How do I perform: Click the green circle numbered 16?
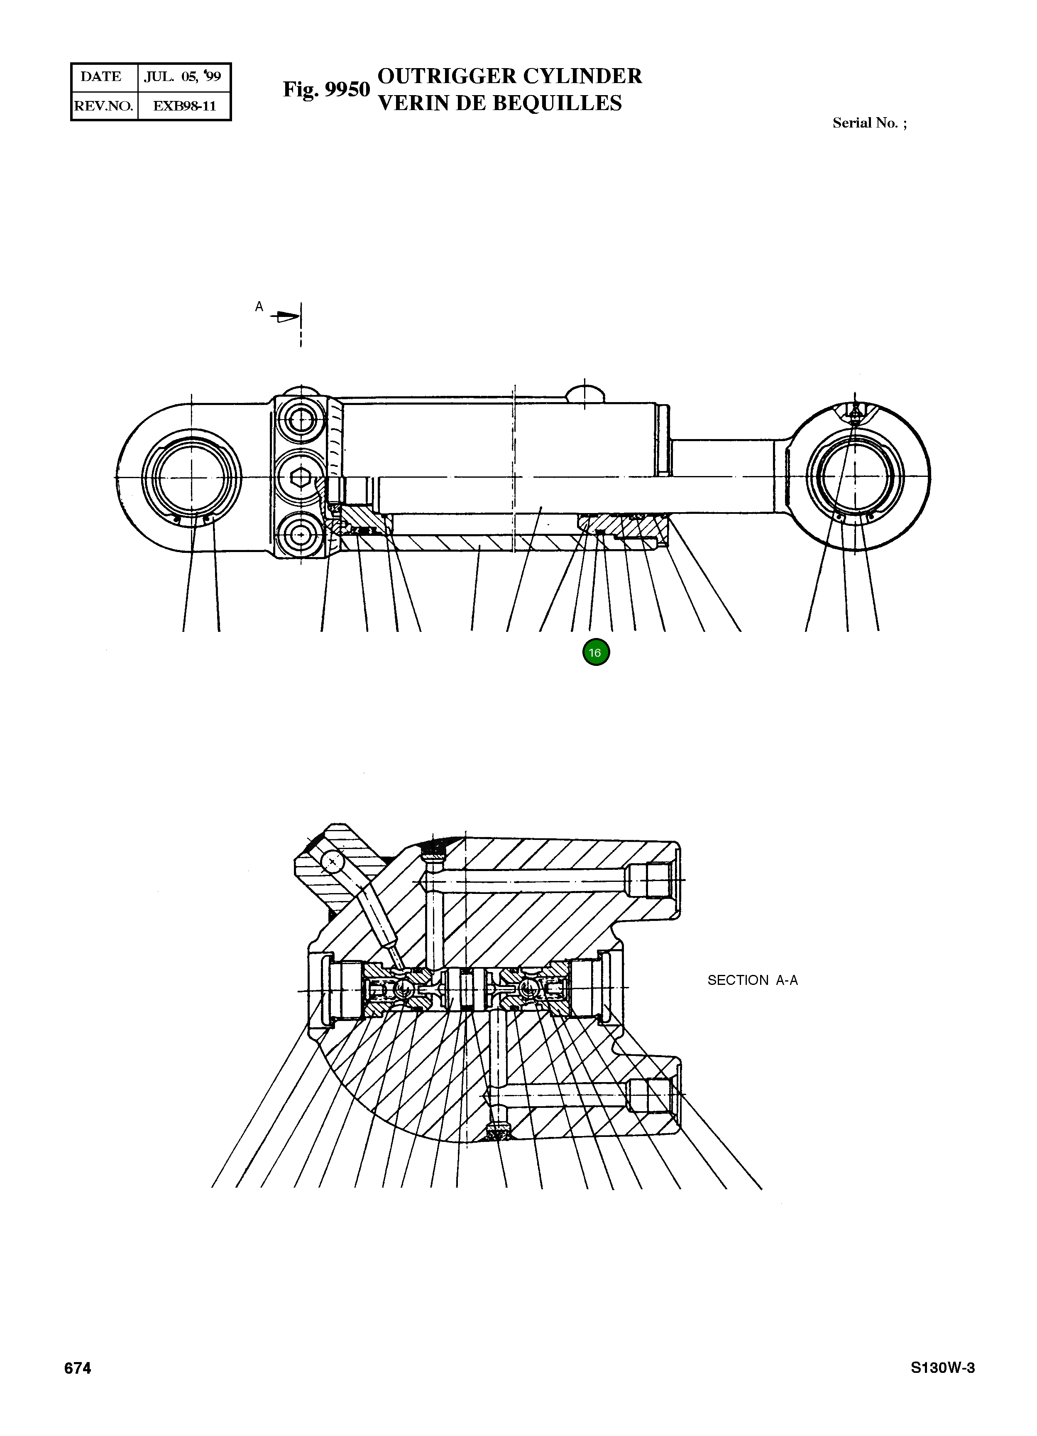[595, 653]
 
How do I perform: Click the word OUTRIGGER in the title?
[446, 76]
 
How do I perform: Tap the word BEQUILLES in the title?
[557, 103]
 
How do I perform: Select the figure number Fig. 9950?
[326, 90]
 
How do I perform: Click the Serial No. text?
[869, 123]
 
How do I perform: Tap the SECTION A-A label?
[752, 980]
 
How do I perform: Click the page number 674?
[78, 1369]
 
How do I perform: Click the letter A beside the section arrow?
[259, 307]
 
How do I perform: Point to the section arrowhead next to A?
[287, 316]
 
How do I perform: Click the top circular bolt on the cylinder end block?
[301, 419]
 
